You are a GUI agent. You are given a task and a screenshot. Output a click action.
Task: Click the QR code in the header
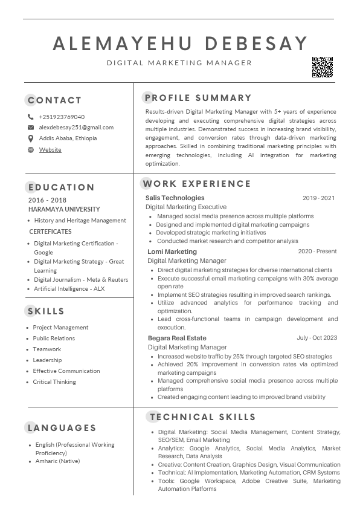pos(322,67)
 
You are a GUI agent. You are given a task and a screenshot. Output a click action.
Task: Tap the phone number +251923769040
pos(62,117)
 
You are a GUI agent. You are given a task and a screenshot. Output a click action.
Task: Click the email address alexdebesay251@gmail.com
pos(76,128)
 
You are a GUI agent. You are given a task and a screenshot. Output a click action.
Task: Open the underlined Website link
pos(50,149)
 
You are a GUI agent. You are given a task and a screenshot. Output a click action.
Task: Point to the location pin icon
pos(31,138)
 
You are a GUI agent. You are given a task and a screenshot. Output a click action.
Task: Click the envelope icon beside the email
pos(31,128)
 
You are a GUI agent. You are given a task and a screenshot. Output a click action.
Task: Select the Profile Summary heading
pos(198,98)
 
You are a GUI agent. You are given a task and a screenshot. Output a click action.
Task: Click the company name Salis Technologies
pos(175,198)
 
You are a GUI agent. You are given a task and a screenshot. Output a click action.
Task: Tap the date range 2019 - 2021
pos(318,198)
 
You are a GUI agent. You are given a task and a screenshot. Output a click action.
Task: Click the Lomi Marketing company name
pos(172,251)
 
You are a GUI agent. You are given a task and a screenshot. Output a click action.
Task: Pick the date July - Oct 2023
pos(317,338)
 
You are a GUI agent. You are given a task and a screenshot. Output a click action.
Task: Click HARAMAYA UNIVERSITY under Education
pos(64,209)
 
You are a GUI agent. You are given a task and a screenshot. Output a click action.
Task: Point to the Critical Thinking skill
pos(54,382)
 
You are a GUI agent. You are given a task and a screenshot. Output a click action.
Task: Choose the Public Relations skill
pos(54,339)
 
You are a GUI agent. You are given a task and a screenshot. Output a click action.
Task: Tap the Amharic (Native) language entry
pos(57,461)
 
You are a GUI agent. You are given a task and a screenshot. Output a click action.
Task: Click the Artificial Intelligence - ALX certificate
pos(69,289)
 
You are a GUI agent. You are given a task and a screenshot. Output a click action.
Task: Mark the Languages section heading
pos(62,428)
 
